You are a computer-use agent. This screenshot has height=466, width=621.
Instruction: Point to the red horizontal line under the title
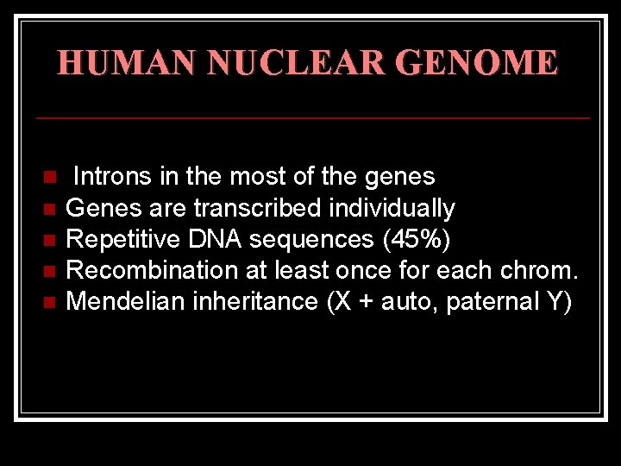312,116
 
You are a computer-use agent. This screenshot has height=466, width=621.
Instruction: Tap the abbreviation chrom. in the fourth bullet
539,270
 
